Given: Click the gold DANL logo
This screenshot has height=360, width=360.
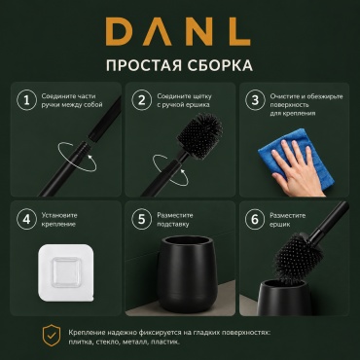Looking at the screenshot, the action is (x=178, y=31).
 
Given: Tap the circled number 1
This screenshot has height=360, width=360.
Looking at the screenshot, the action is (x=26, y=100).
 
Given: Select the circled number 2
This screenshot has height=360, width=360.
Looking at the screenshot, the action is (x=142, y=100).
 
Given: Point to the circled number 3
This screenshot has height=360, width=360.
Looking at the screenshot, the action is (x=255, y=100).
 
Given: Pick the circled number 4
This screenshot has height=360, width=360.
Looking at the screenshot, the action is (x=26, y=219).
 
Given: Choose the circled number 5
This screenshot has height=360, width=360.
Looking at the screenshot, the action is (x=142, y=219).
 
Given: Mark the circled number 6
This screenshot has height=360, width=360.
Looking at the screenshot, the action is (x=255, y=219).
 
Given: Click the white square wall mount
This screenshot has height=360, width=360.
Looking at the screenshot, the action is (x=64, y=273).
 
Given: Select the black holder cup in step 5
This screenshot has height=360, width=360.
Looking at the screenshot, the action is (x=185, y=273).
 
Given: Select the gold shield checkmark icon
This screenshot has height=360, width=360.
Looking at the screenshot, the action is (x=52, y=336).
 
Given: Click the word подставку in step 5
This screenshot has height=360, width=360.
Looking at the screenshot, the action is (x=172, y=224).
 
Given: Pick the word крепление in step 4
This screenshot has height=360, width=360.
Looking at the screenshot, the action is (x=58, y=224).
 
